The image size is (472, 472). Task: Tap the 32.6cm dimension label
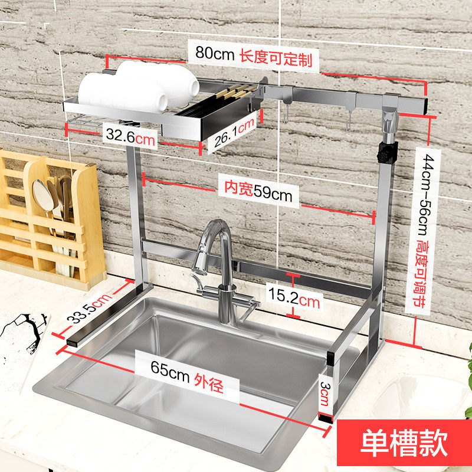[x=130, y=136]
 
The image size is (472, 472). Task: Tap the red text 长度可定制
[x=276, y=58]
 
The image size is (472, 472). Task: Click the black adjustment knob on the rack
[x=385, y=155]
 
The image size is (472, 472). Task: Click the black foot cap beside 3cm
[x=324, y=415]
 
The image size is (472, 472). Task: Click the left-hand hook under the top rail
[x=286, y=113]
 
